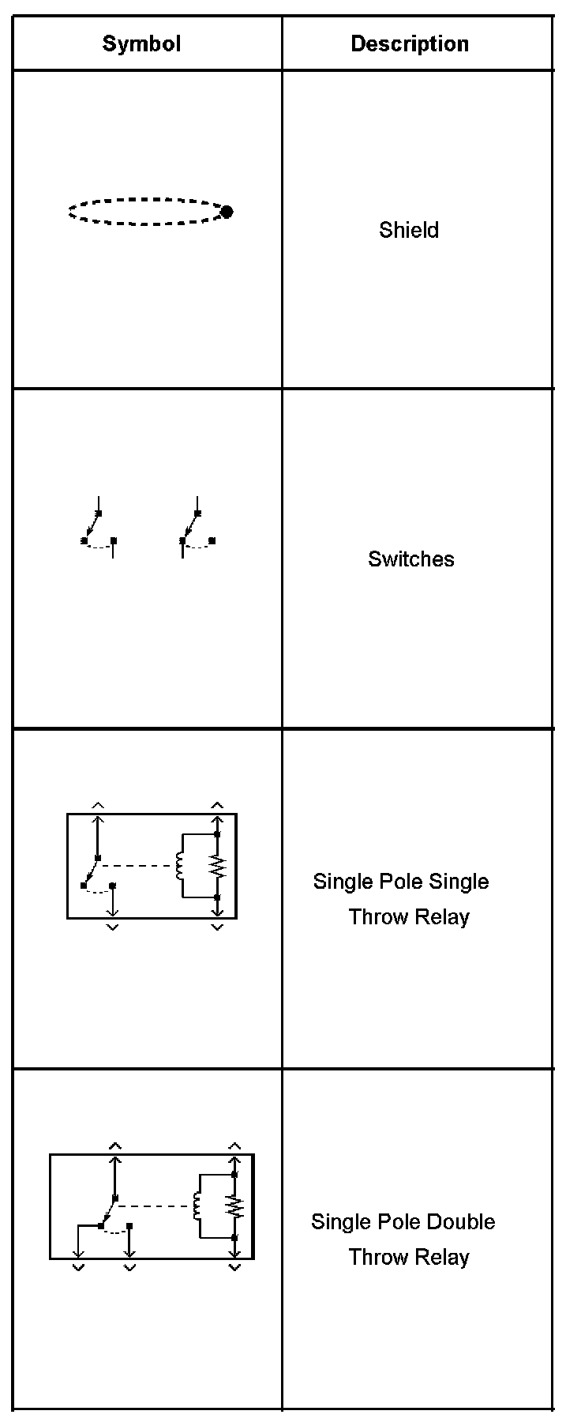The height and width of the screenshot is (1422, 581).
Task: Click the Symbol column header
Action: coord(141,43)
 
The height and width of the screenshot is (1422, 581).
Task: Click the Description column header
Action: coord(409,43)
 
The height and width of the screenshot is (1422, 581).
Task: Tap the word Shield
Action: coord(408,230)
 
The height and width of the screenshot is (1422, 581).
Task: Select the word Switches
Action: coord(410,559)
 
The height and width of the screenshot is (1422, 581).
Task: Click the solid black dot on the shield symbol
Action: coord(227,212)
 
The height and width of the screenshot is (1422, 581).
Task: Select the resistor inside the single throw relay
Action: coord(218,867)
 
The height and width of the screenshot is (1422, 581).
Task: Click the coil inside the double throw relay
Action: coord(197,1206)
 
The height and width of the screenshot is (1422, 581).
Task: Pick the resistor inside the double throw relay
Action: coord(234,1207)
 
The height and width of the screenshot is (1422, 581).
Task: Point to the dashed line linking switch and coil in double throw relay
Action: coord(154,1206)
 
